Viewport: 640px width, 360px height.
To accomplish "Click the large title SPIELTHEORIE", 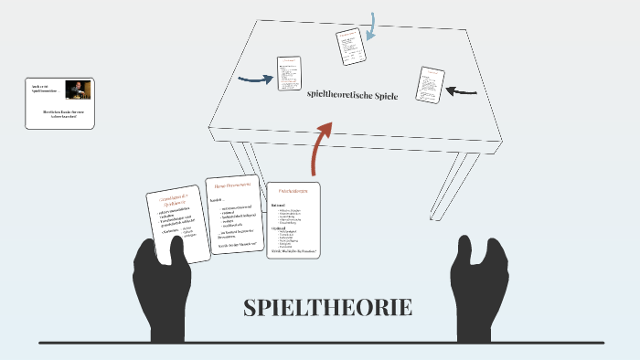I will [327, 308].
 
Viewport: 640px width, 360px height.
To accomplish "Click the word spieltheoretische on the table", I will [340, 94].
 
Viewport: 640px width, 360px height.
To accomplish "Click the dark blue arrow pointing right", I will [256, 79].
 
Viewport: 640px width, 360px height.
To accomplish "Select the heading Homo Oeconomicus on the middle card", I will [232, 185].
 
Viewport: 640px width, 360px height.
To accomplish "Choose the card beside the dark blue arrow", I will [289, 74].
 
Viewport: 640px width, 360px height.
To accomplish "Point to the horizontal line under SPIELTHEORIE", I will [321, 343].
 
